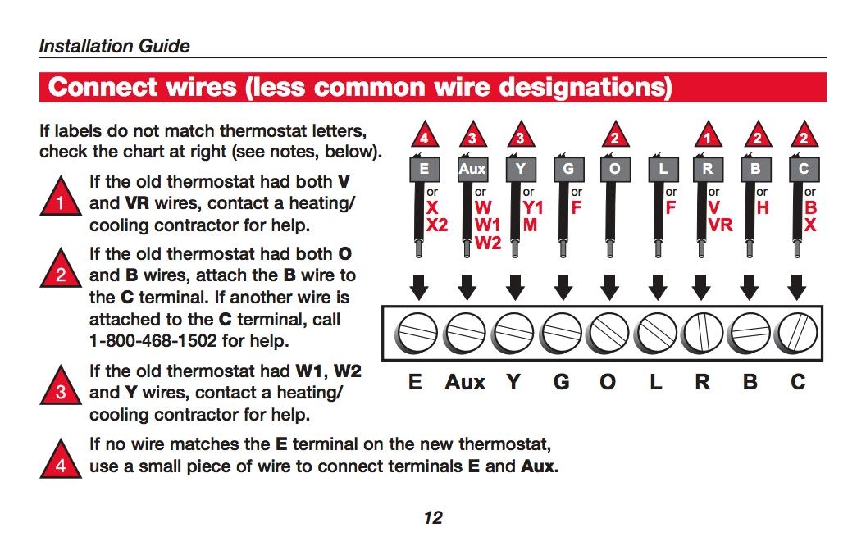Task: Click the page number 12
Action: point(433,517)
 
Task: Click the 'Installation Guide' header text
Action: point(114,46)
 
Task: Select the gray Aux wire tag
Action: point(472,170)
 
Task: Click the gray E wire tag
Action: point(424,170)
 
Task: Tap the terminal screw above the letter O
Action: point(609,334)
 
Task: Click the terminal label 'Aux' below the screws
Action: point(465,382)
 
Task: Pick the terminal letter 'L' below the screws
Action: point(656,382)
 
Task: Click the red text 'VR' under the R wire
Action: point(720,225)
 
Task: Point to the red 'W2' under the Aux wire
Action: point(488,243)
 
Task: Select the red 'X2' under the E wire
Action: point(437,225)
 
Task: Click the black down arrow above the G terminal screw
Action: point(563,287)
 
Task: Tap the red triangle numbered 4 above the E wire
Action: point(424,137)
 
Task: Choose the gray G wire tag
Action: point(568,170)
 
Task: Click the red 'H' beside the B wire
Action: point(763,208)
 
